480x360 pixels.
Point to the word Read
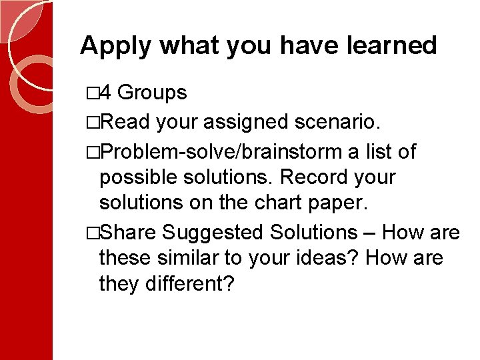(129, 122)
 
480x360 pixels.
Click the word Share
(129, 232)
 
